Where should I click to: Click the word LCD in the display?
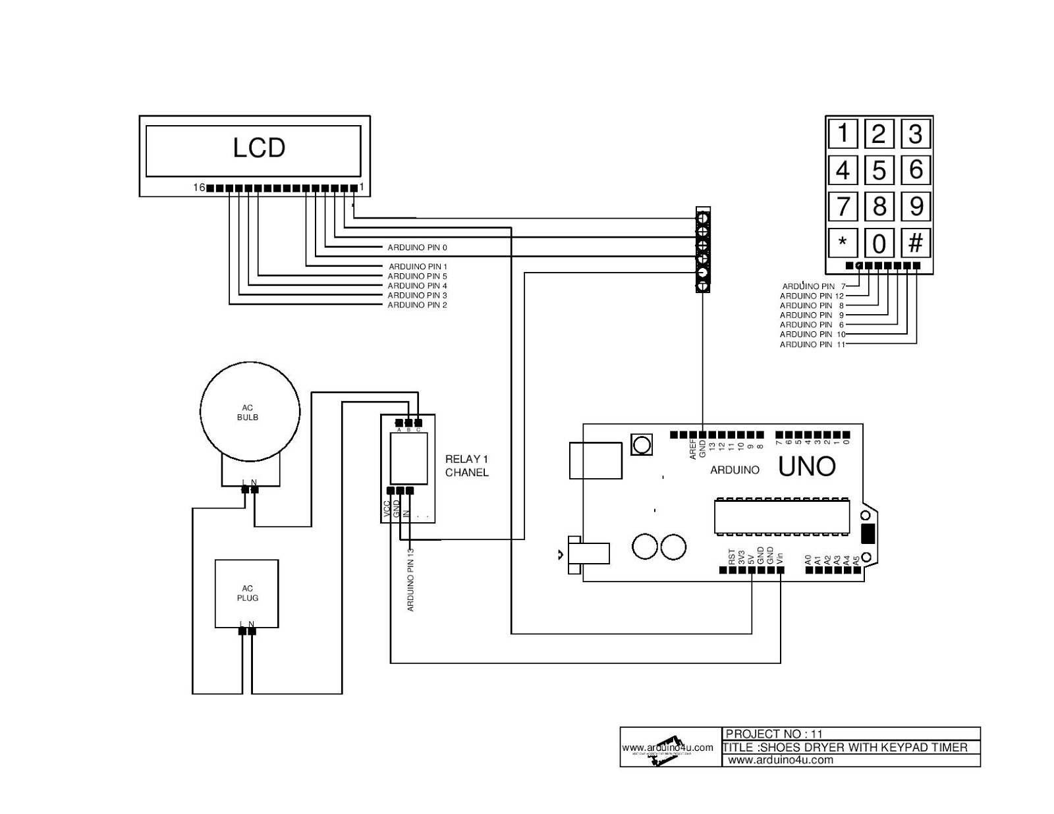(x=259, y=148)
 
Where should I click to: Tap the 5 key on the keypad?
(x=879, y=171)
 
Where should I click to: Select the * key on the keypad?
(x=843, y=243)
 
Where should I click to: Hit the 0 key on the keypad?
(x=879, y=244)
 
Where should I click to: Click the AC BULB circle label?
(x=248, y=413)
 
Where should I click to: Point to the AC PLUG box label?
(x=248, y=593)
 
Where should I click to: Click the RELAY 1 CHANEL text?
(x=466, y=466)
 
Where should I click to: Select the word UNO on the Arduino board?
(x=806, y=467)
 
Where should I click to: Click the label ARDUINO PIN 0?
(x=417, y=248)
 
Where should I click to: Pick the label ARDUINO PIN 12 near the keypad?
(x=811, y=296)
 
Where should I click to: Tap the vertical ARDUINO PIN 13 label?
(x=411, y=580)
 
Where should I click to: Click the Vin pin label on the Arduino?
(x=780, y=557)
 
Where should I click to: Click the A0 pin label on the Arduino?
(x=808, y=560)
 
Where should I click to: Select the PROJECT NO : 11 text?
(x=774, y=734)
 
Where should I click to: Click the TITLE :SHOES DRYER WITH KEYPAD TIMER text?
(x=845, y=747)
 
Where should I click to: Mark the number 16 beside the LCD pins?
(x=198, y=188)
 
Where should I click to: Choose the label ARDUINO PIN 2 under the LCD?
(x=417, y=305)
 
